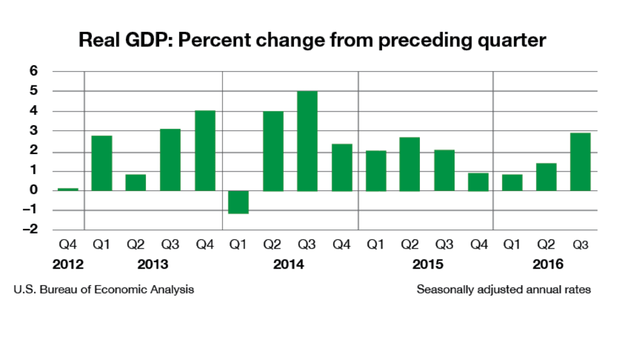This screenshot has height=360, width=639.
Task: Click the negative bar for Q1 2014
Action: (x=239, y=202)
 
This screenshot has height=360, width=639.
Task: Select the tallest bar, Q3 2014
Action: (x=307, y=141)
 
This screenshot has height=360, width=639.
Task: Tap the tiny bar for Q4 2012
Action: (x=68, y=189)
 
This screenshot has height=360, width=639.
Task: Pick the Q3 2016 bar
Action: (x=580, y=162)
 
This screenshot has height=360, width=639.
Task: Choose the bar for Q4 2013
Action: (x=205, y=151)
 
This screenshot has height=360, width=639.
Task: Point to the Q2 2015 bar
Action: (x=409, y=164)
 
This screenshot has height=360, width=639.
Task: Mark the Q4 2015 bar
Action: (x=478, y=182)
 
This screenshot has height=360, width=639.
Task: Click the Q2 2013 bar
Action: (x=136, y=183)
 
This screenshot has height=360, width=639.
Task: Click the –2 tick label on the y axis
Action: (x=31, y=230)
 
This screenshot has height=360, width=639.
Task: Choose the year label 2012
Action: (x=67, y=265)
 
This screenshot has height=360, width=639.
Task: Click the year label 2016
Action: (x=548, y=265)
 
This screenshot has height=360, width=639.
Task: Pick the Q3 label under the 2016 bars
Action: (x=580, y=245)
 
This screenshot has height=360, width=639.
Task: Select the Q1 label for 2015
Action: (x=375, y=245)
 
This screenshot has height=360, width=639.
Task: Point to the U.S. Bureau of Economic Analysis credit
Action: (x=103, y=289)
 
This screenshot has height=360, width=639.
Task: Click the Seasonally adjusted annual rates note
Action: (x=504, y=289)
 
